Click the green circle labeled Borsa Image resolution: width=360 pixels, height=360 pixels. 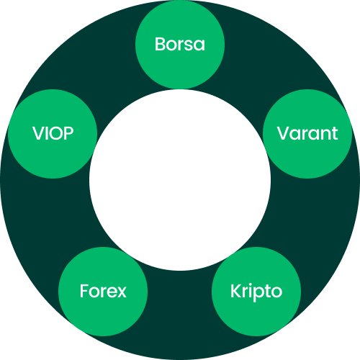tap(180, 45)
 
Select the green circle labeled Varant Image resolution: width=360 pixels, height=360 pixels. tap(307, 134)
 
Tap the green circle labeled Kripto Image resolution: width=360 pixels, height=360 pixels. tap(256, 292)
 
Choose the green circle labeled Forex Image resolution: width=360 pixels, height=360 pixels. tap(103, 292)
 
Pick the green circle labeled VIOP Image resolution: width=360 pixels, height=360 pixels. tap(53, 134)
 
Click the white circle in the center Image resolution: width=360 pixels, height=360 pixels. tap(180, 180)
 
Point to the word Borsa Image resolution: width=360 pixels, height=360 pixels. tap(180, 44)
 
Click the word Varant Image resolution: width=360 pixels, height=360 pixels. tap(307, 133)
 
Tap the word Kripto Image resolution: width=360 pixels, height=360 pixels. tap(256, 292)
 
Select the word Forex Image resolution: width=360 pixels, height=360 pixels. tap(103, 291)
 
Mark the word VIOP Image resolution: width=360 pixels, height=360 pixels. tap(53, 133)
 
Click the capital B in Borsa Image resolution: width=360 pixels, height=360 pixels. tap(161, 44)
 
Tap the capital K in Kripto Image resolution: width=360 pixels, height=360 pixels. tap(236, 291)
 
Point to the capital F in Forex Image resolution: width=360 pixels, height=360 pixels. tap(84, 291)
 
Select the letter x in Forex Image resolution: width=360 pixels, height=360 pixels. tap(121, 293)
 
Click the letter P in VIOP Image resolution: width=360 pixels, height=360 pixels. tap(68, 133)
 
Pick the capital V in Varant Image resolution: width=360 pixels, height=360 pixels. tap(284, 133)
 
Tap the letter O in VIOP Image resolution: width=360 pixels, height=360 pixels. tap(55, 133)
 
